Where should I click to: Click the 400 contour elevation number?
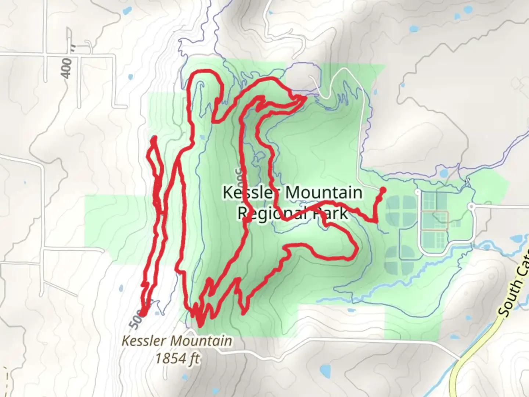click(x=67, y=68)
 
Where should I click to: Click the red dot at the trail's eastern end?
click(x=382, y=190)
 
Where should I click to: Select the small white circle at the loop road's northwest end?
click(x=417, y=192)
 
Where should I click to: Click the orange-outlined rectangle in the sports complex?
click(x=435, y=221)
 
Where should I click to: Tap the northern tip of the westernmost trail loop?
click(x=154, y=139)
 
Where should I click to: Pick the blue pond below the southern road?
click(x=325, y=369)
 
